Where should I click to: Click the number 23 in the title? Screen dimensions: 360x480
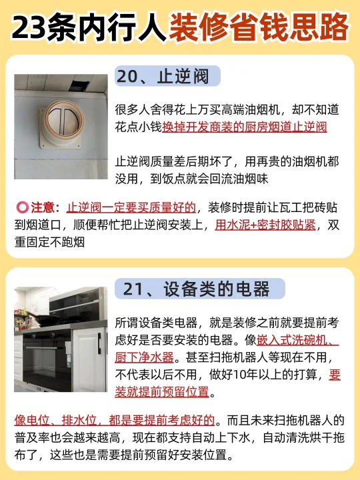click(29, 28)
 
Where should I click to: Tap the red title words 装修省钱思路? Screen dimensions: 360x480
click(259, 27)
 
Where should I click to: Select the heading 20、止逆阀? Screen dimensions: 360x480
click(163, 77)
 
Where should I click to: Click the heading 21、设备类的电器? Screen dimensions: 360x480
click(196, 289)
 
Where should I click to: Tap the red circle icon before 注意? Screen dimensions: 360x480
click(22, 207)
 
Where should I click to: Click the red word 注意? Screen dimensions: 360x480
click(43, 207)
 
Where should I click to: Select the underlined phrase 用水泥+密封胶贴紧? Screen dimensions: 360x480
click(265, 225)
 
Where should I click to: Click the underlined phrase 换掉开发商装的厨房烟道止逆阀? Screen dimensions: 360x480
click(245, 127)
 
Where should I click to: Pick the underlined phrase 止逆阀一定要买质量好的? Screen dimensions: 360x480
click(131, 208)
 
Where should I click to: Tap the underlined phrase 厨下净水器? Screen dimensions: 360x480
click(145, 357)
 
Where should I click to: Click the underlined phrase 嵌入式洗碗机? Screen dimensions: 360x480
click(292, 340)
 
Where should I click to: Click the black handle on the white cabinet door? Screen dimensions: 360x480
click(99, 343)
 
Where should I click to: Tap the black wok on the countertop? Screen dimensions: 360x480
click(46, 319)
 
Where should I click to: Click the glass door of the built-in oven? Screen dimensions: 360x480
click(47, 362)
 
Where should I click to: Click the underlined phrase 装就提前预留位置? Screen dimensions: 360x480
click(162, 392)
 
